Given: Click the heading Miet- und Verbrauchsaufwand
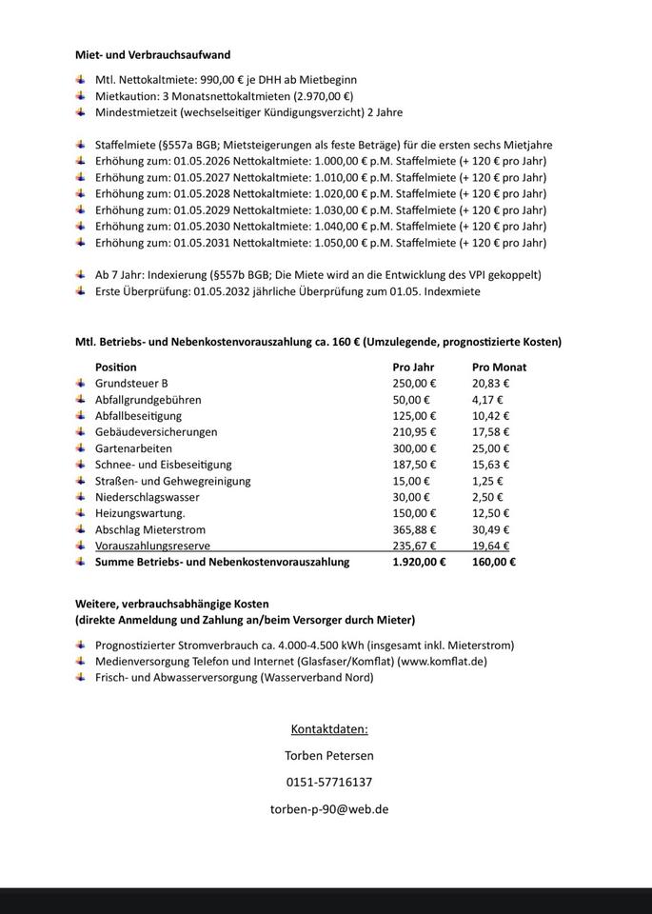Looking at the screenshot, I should (x=152, y=55).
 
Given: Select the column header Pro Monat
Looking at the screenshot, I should (x=499, y=367).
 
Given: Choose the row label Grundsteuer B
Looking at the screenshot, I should (x=131, y=383).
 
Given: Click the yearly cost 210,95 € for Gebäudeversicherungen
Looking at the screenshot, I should (x=414, y=432).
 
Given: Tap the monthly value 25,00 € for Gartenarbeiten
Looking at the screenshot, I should (x=491, y=448).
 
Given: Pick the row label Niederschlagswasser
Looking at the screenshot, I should (x=148, y=497).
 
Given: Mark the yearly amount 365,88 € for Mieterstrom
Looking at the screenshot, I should (x=414, y=529).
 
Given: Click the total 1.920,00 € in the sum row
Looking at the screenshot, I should (x=419, y=562).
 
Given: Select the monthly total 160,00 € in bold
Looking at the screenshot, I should (x=494, y=562).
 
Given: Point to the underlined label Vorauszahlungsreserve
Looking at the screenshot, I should (x=152, y=546).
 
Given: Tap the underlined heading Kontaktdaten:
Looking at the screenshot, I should (x=329, y=729).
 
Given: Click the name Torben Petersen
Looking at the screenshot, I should (x=329, y=756).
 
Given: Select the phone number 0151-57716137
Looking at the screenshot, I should (x=329, y=782).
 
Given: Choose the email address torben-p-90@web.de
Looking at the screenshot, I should (x=329, y=808).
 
